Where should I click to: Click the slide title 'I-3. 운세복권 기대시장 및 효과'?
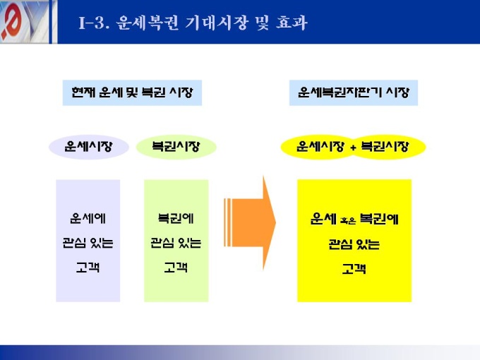(193, 23)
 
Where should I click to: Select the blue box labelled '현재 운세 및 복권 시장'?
(132, 92)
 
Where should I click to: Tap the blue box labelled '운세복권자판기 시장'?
(354, 92)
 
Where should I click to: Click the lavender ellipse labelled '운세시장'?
(89, 147)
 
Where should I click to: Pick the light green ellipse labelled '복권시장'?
(176, 147)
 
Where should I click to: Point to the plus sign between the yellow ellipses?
(353, 148)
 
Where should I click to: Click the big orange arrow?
(250, 222)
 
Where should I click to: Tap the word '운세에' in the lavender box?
(88, 218)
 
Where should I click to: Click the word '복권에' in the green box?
(176, 218)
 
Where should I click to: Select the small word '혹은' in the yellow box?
(348, 220)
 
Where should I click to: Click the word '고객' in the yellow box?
(354, 269)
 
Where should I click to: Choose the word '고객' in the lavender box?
(88, 268)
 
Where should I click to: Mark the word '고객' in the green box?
(176, 268)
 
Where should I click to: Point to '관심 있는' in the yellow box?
(354, 244)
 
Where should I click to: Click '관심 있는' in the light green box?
(176, 243)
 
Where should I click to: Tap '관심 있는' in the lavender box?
(88, 243)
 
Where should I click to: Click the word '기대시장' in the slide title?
(216, 23)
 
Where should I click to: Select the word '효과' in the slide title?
(292, 23)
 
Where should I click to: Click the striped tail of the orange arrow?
(228, 222)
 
